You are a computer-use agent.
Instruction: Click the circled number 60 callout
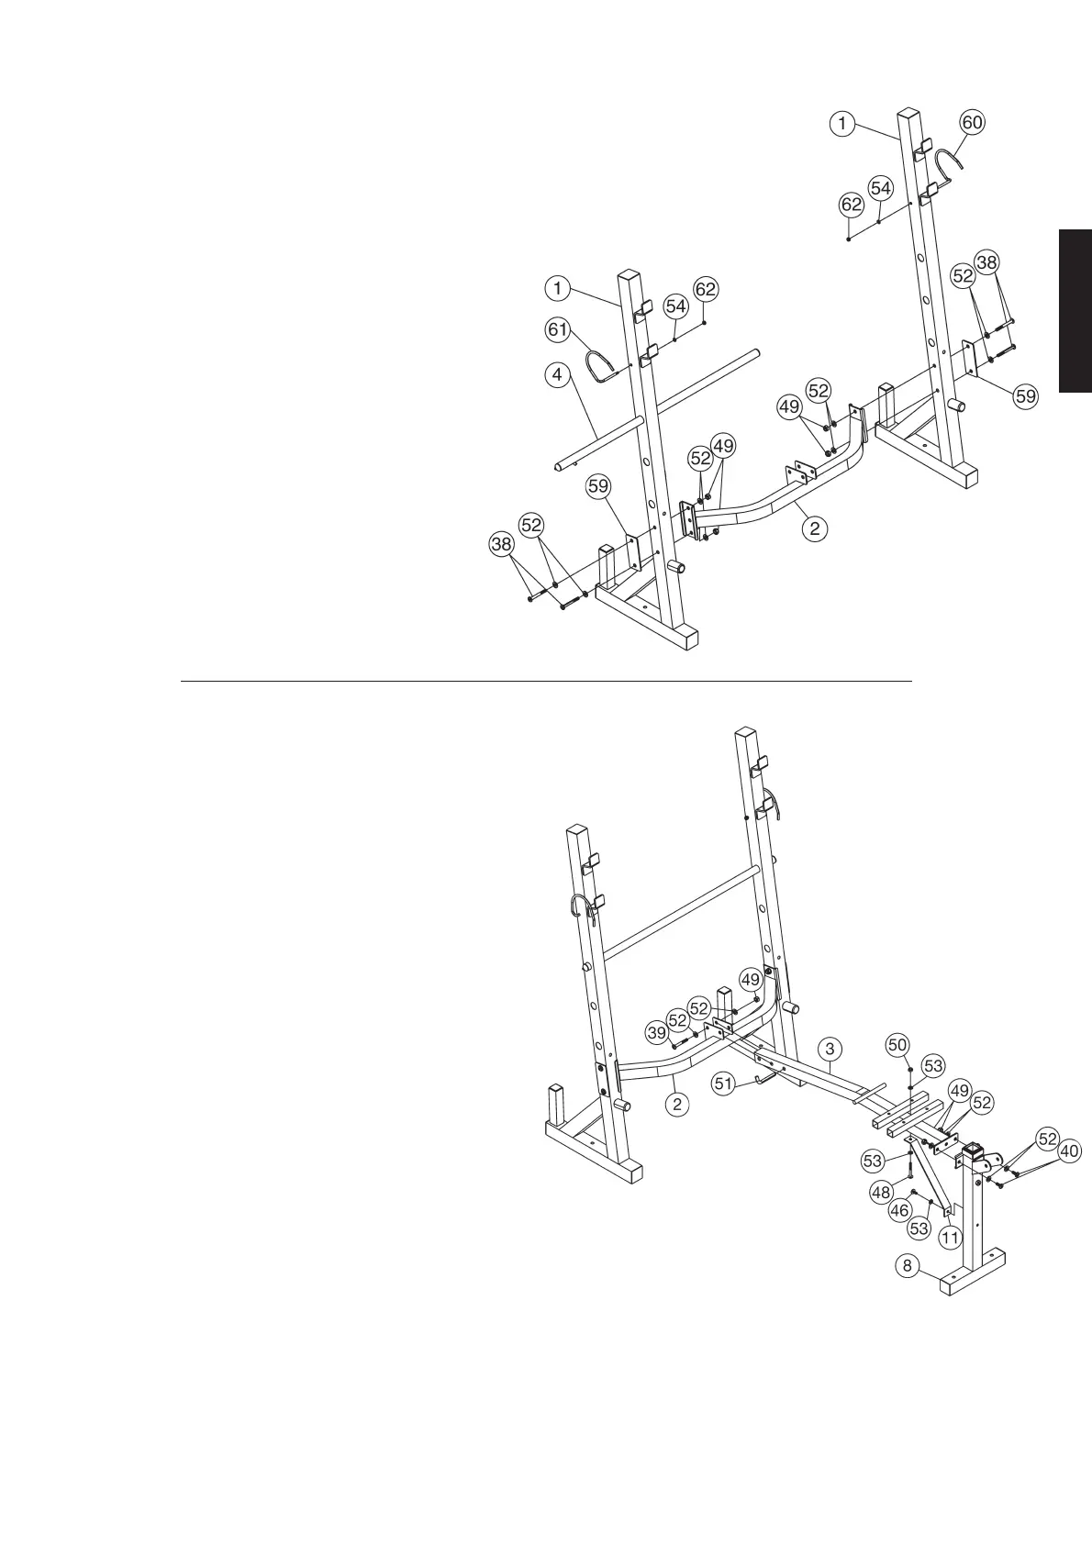pyautogui.click(x=973, y=123)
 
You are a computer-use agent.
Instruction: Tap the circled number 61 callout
pyautogui.click(x=558, y=328)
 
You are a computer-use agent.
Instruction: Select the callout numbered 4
pyautogui.click(x=554, y=374)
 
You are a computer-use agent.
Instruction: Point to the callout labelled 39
pyautogui.click(x=657, y=1033)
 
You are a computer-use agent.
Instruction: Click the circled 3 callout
pyautogui.click(x=829, y=1048)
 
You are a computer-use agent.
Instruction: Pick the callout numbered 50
pyautogui.click(x=897, y=1045)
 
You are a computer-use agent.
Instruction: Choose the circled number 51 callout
pyautogui.click(x=725, y=1084)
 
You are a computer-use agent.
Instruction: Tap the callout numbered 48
pyautogui.click(x=882, y=1192)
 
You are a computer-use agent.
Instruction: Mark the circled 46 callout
pyautogui.click(x=900, y=1211)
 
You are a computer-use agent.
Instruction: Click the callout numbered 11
pyautogui.click(x=950, y=1237)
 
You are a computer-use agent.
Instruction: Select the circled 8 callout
pyautogui.click(x=908, y=1266)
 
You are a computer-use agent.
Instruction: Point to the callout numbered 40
pyautogui.click(x=1069, y=1151)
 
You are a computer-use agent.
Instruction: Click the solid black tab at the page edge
pyautogui.click(x=1075, y=312)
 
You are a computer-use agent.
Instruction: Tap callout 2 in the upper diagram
pyautogui.click(x=813, y=528)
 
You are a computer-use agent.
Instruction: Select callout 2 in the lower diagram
pyautogui.click(x=677, y=1104)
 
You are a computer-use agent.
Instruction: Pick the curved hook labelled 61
pyautogui.click(x=607, y=364)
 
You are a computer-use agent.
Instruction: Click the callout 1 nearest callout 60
pyautogui.click(x=843, y=123)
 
